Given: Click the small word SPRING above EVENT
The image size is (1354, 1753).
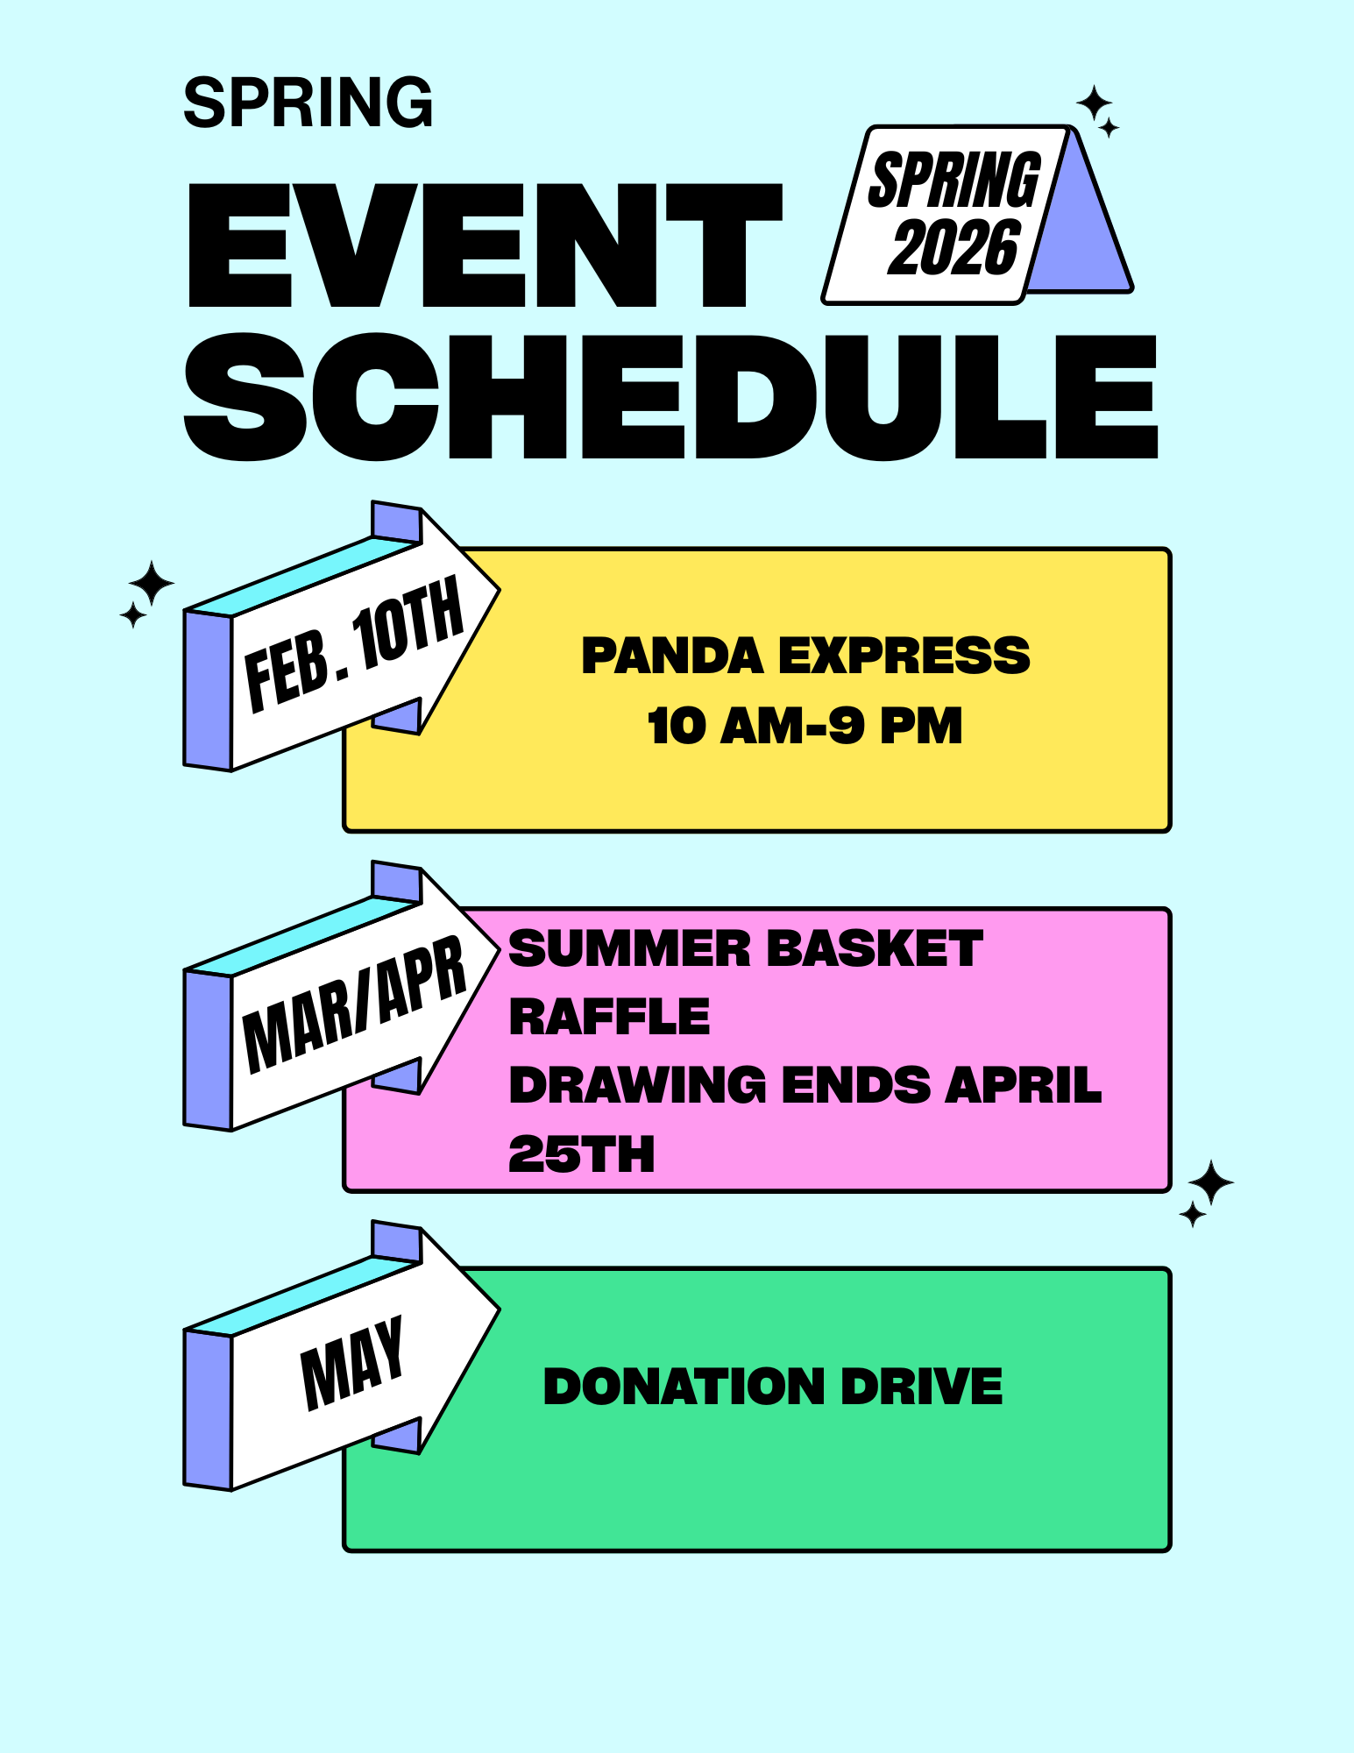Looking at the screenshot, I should click(x=308, y=103).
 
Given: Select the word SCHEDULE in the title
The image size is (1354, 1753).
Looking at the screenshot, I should click(x=670, y=396).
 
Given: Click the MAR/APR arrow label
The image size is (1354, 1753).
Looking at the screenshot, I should click(x=353, y=1005).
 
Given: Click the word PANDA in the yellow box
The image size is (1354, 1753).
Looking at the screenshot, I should click(x=672, y=656).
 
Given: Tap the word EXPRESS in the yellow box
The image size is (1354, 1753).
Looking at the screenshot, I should click(x=904, y=656).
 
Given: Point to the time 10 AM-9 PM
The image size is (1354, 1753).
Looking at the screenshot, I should click(x=805, y=726).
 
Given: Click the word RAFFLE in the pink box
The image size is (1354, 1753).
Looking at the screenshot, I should click(x=609, y=1017).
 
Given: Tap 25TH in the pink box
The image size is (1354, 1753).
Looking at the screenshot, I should click(x=581, y=1153).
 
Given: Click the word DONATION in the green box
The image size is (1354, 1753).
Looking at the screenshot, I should click(x=684, y=1387).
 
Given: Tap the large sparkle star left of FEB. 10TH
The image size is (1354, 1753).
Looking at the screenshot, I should click(x=152, y=583).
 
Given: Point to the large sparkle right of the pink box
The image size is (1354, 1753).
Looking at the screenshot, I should click(x=1211, y=1183).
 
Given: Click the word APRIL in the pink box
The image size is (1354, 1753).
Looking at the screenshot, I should click(x=1023, y=1085).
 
